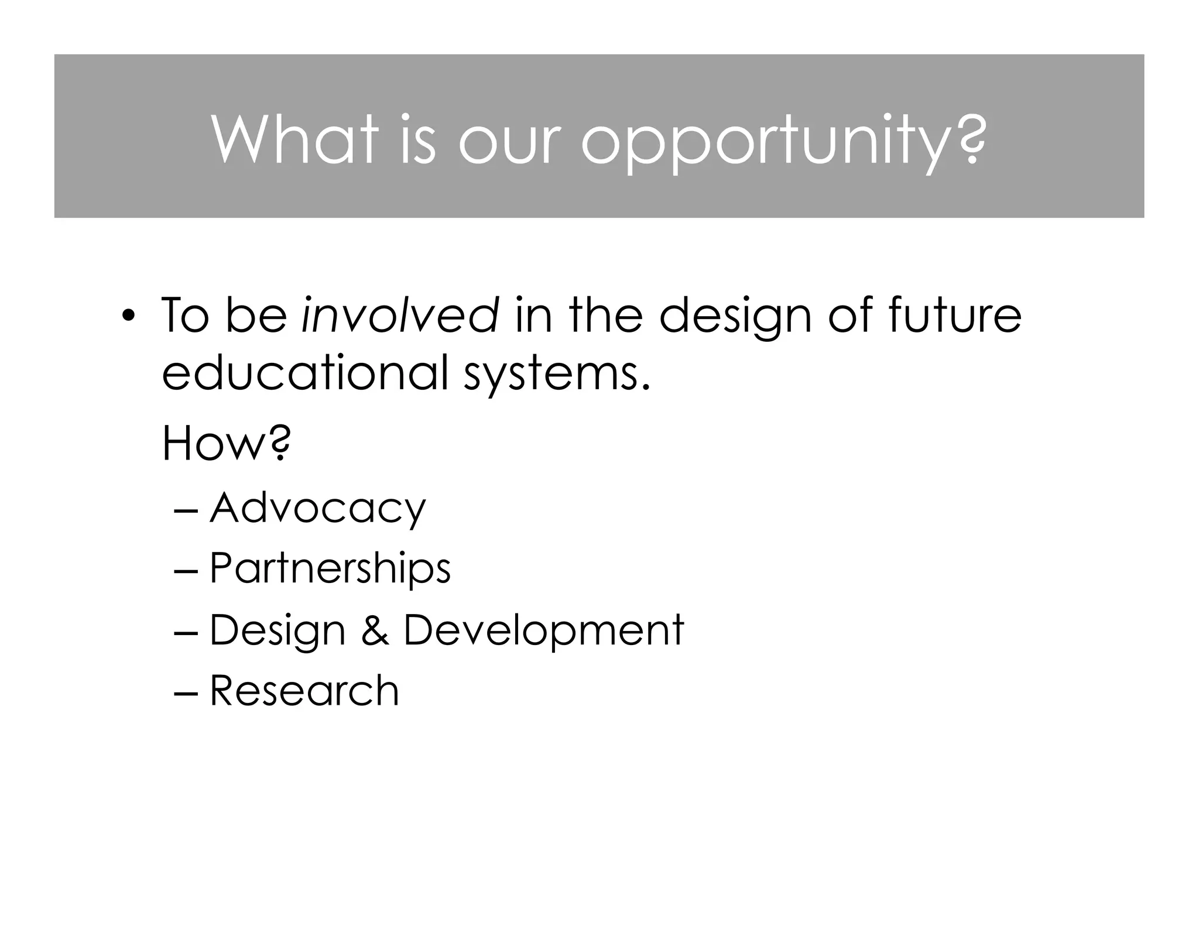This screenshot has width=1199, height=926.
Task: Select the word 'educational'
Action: coord(305,372)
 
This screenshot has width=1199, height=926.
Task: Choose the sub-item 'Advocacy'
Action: coord(318,509)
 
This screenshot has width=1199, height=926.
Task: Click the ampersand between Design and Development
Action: coord(375,630)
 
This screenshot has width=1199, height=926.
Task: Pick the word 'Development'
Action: coord(544,631)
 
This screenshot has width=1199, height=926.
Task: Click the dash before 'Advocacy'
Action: coord(187,510)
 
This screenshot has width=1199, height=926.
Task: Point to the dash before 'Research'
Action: coord(187,693)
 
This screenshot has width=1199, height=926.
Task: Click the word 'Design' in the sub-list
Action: coord(278,631)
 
